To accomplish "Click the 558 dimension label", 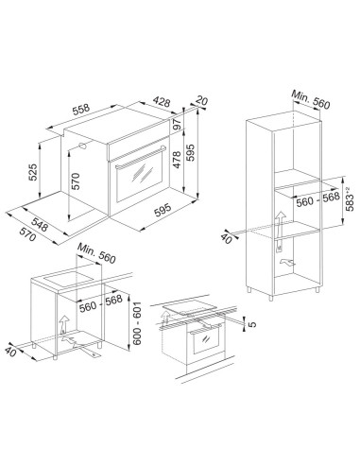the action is click(x=81, y=110).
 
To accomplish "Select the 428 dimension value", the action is click(x=162, y=101).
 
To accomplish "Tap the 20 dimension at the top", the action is click(x=201, y=100).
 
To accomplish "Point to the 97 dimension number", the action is click(x=178, y=125).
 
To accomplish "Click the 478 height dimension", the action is click(x=177, y=160).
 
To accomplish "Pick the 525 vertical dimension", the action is click(x=33, y=172).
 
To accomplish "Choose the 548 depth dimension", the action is click(x=40, y=225).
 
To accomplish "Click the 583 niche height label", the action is click(x=350, y=199).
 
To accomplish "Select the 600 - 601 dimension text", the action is click(x=137, y=323).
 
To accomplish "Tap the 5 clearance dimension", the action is click(x=252, y=324).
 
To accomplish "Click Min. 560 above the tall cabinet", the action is click(x=311, y=99).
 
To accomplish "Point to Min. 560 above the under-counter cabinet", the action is click(x=96, y=253).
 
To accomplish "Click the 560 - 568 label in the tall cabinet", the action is click(x=318, y=199).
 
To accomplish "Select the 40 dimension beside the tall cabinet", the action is click(x=226, y=238).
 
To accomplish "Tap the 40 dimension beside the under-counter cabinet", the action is click(x=10, y=352).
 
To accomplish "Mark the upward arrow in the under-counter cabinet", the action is click(x=63, y=324).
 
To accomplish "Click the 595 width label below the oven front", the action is click(x=163, y=210).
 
